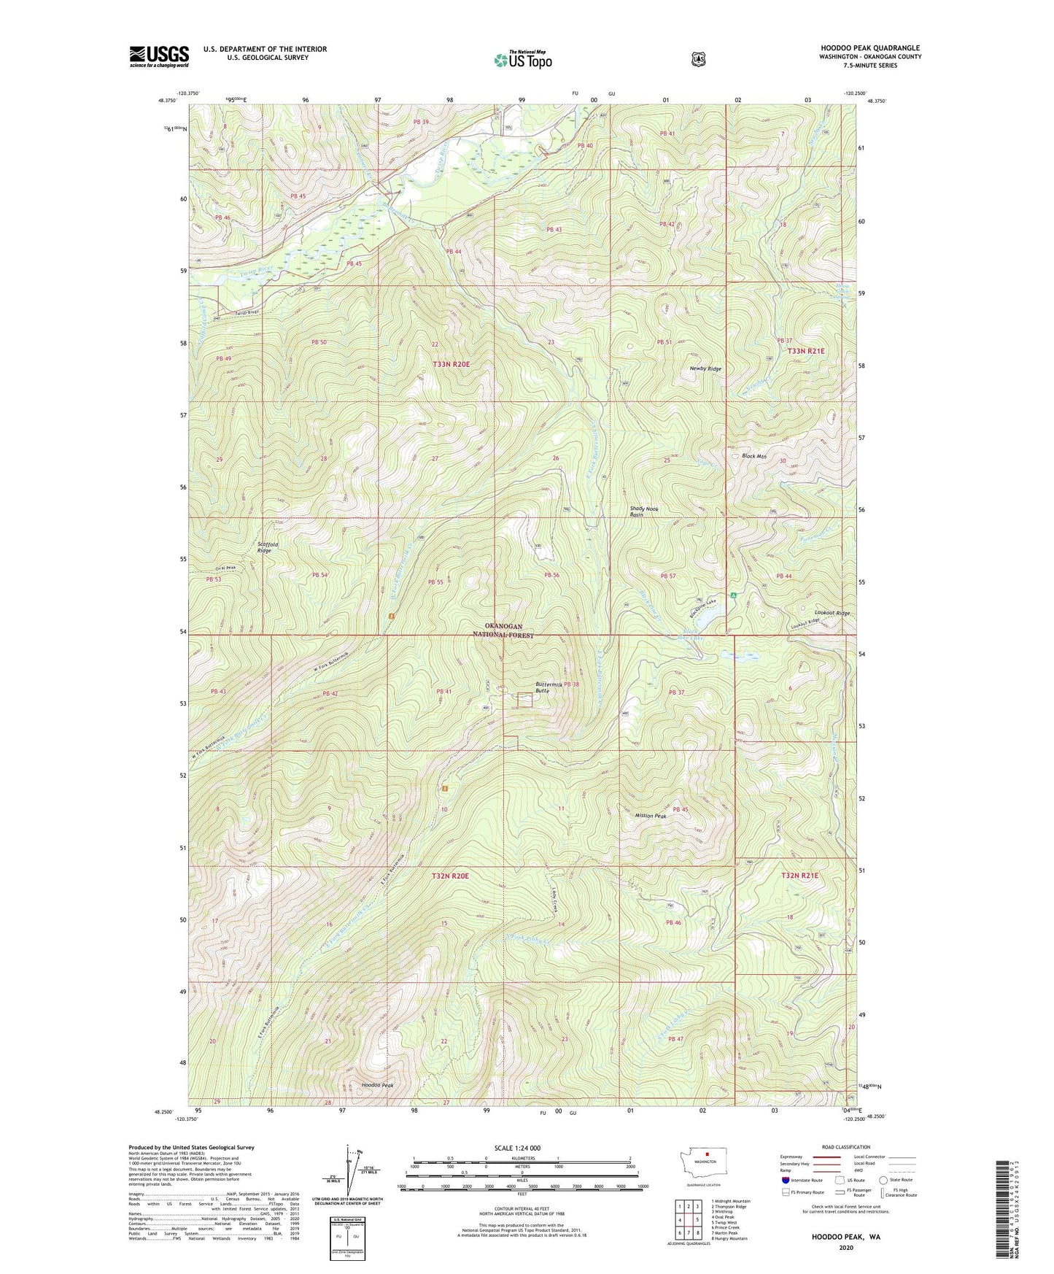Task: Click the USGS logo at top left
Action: click(x=159, y=56)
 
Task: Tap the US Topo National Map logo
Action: click(x=522, y=60)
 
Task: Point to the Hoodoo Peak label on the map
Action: click(x=377, y=1086)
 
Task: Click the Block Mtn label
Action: click(x=753, y=456)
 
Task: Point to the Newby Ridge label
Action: click(x=705, y=369)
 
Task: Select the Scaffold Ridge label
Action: click(x=264, y=547)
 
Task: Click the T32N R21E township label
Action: click(x=799, y=875)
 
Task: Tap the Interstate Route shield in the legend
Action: click(x=784, y=1179)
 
